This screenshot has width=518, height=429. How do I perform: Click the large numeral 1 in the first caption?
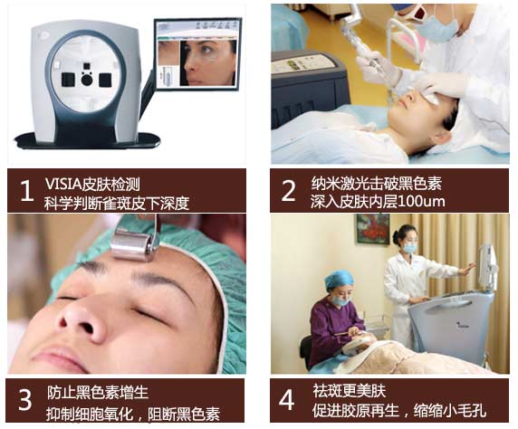27,191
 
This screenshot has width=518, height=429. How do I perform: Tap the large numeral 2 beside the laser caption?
288,191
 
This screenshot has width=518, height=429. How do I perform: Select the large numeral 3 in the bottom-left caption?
25,400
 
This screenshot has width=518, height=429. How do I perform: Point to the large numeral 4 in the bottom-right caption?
286,400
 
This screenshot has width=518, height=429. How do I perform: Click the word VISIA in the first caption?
63,184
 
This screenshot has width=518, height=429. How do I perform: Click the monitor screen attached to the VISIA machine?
197,53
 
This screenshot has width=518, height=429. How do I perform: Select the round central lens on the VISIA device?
87,80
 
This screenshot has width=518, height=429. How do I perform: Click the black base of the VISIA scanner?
88,140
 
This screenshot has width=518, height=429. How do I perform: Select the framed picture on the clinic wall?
373,229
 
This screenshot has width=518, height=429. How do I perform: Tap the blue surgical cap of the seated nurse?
340,280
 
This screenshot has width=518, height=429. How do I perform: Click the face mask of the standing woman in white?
409,248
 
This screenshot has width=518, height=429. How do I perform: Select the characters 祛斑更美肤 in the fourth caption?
349,391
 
